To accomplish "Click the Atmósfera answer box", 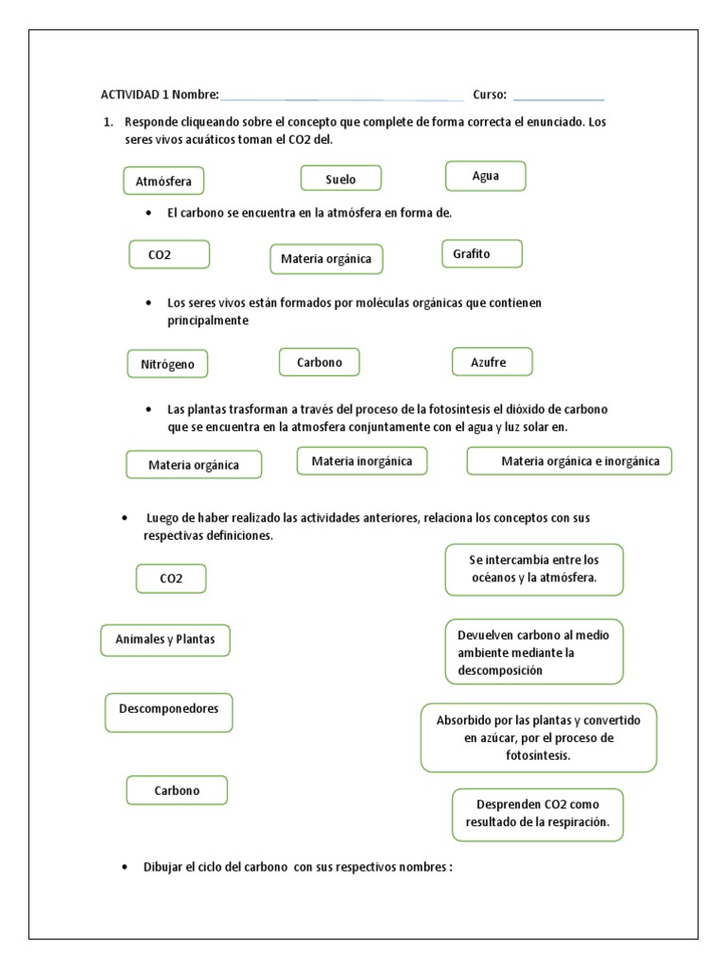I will (164, 181).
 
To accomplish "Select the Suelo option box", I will (340, 178).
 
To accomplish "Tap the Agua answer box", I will (485, 176).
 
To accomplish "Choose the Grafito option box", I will (481, 254).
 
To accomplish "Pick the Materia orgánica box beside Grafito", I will (326, 258).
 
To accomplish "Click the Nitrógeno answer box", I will (167, 363).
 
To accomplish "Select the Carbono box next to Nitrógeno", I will (320, 362).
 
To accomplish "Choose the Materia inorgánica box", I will (362, 460).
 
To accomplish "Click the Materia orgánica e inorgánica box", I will (569, 460).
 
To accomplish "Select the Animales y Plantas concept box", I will (165, 640).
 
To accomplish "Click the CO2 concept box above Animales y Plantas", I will (171, 579).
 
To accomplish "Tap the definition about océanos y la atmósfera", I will (534, 569).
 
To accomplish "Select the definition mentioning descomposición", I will (534, 652).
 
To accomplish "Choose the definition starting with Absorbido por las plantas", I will (538, 737).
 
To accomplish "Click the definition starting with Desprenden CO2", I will (537, 814).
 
